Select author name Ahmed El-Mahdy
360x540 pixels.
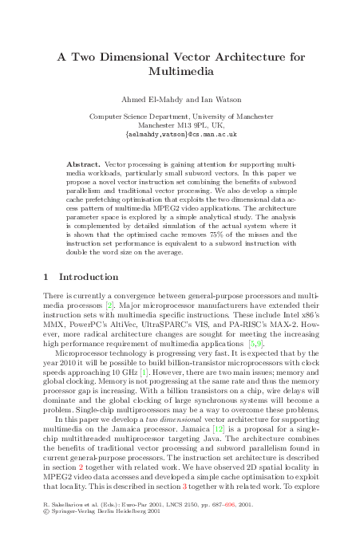(x=149, y=100)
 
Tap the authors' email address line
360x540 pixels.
(x=180, y=136)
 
